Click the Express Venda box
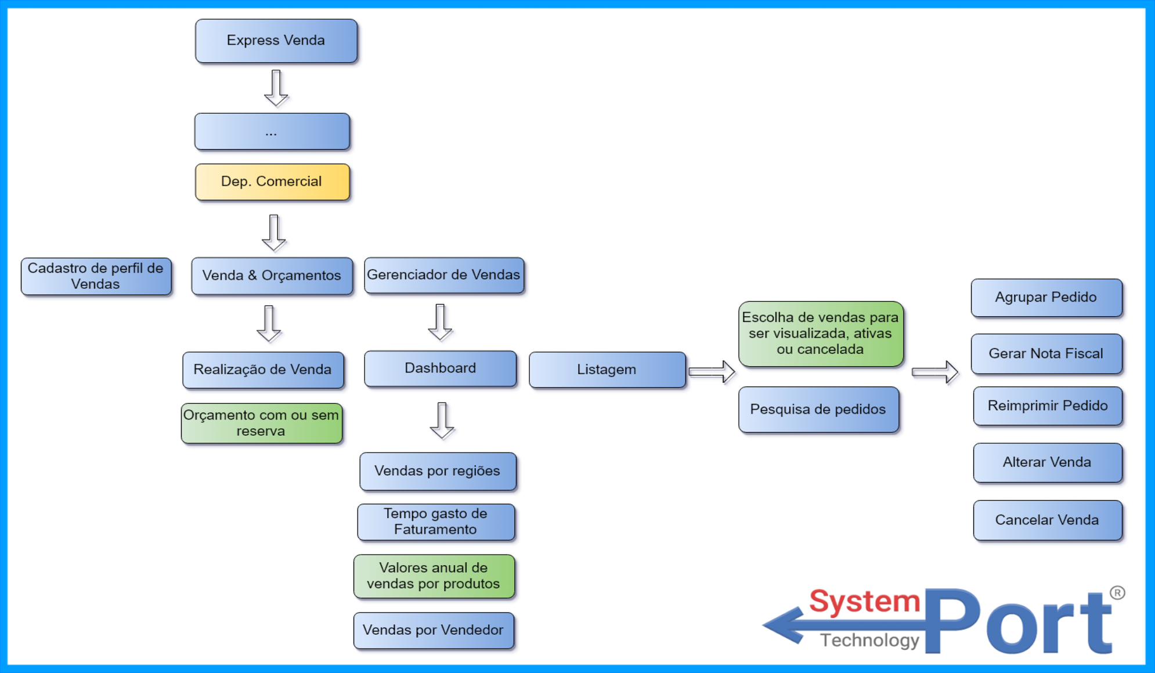[x=276, y=41]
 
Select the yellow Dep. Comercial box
[x=272, y=182]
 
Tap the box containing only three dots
[x=272, y=132]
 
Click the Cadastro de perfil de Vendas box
[x=96, y=276]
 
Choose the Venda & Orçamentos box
[x=272, y=276]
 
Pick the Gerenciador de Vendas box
[x=444, y=275]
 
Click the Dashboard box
[x=440, y=368]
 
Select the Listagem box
[x=607, y=370]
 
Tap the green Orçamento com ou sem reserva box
[x=261, y=423]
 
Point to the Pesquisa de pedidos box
[x=818, y=410]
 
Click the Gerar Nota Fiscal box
[x=1046, y=354]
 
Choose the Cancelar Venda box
[x=1047, y=520]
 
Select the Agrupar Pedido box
[x=1046, y=298]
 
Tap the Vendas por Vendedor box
[x=434, y=630]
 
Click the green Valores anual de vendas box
[x=434, y=576]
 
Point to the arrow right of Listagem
[x=712, y=371]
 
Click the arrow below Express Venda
[x=276, y=88]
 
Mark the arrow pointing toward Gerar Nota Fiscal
[x=934, y=372]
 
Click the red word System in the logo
[x=864, y=602]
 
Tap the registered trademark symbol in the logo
[x=1117, y=593]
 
